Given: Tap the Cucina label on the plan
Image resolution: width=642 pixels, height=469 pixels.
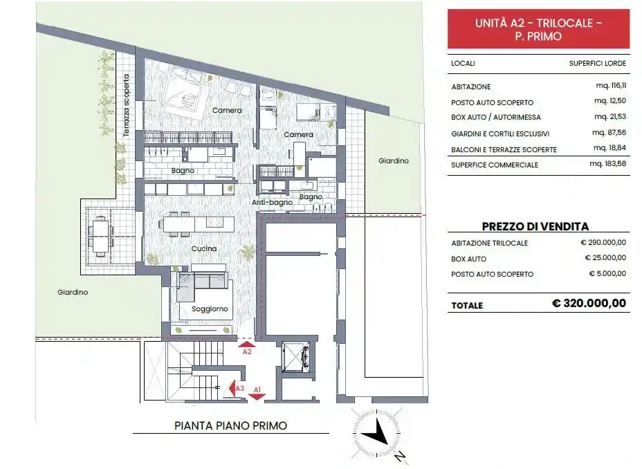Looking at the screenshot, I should (204, 248).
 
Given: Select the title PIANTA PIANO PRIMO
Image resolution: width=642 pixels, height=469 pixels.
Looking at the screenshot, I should (230, 426).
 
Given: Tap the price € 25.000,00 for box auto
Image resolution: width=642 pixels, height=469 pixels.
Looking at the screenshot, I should (605, 258).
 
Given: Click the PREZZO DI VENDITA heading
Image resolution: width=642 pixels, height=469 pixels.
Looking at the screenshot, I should (535, 226).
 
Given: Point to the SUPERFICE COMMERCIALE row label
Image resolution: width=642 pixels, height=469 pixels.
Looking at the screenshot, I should (495, 165).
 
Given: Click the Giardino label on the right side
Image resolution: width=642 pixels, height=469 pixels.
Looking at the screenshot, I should (393, 160).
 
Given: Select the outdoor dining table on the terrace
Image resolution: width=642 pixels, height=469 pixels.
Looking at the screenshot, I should (102, 234).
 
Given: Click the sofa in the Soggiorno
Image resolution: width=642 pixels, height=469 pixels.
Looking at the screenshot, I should (201, 285).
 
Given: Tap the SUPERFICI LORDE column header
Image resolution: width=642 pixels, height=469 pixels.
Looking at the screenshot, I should (598, 63).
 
